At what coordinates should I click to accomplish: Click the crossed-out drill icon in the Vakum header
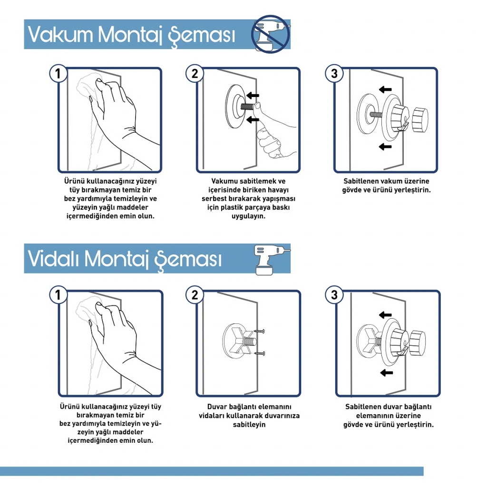pyautogui.click(x=270, y=34)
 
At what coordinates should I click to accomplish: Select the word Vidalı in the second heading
pyautogui.click(x=53, y=258)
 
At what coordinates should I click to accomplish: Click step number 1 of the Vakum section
pyautogui.click(x=58, y=74)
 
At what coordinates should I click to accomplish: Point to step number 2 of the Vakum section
pyautogui.click(x=195, y=74)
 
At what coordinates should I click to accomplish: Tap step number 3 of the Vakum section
pyautogui.click(x=334, y=74)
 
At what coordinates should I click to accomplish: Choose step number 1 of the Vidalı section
pyautogui.click(x=58, y=295)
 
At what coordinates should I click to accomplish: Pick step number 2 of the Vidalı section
pyautogui.click(x=195, y=295)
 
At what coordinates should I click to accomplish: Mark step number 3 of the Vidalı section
pyautogui.click(x=334, y=295)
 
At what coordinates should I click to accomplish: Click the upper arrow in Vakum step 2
pyautogui.click(x=253, y=95)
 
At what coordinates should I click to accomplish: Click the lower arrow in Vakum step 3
pyautogui.click(x=385, y=146)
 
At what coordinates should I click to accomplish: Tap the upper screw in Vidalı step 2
pyautogui.click(x=259, y=331)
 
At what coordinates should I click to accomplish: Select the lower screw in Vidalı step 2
pyautogui.click(x=260, y=353)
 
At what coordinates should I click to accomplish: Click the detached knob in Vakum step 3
pyautogui.click(x=420, y=119)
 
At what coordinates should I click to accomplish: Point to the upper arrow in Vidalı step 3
pyautogui.click(x=385, y=315)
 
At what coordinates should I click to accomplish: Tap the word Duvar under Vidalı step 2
pyautogui.click(x=216, y=407)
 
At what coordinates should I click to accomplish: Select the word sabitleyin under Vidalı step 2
pyautogui.click(x=249, y=425)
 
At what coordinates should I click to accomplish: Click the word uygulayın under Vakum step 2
pyautogui.click(x=248, y=216)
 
